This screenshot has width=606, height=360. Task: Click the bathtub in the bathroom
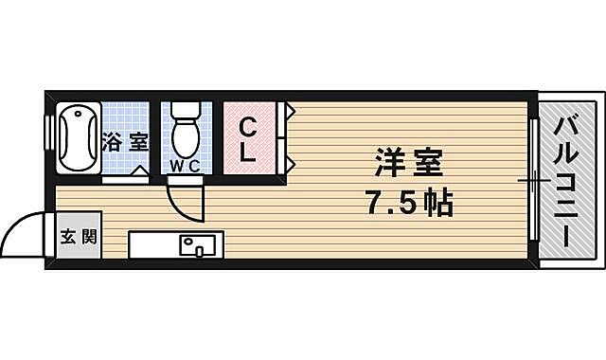77,139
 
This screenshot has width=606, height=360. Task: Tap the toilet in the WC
184,138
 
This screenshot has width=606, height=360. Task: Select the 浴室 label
125,144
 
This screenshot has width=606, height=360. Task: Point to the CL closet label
247,140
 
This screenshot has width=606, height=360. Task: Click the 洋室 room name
408,162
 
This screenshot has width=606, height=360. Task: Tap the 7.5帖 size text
408,204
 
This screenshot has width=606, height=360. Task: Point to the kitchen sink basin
199,247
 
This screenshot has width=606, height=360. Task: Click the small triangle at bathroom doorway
139,172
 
